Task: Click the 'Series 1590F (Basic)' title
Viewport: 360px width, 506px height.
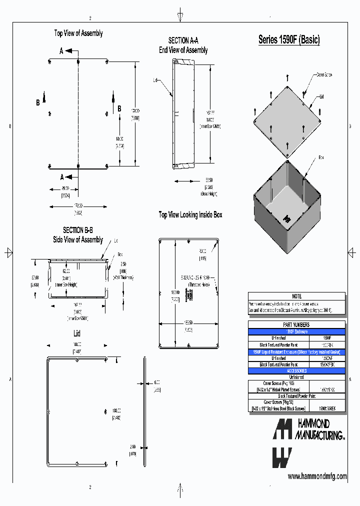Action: click(x=288, y=40)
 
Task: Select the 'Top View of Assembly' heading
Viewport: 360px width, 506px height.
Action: click(x=78, y=33)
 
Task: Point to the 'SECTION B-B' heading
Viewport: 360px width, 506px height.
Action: click(x=77, y=230)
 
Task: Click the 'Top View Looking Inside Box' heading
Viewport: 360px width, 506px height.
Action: click(x=190, y=214)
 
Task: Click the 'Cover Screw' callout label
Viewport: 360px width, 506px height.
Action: click(x=323, y=74)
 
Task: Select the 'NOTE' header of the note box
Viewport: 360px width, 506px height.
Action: click(x=296, y=296)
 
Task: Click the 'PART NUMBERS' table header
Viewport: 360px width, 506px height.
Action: click(x=296, y=324)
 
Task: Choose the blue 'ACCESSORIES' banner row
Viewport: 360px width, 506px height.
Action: click(x=296, y=371)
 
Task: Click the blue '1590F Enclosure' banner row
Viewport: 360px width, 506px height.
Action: click(x=296, y=331)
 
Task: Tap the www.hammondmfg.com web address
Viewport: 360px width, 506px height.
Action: click(x=317, y=476)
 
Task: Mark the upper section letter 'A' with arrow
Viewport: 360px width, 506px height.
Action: click(x=62, y=51)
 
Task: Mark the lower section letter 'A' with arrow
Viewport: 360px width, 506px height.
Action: click(x=62, y=176)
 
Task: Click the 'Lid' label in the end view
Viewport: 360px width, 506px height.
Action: click(x=155, y=79)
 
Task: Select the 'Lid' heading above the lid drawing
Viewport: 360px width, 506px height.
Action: click(x=77, y=333)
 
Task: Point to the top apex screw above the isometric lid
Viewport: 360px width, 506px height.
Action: click(x=287, y=77)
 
